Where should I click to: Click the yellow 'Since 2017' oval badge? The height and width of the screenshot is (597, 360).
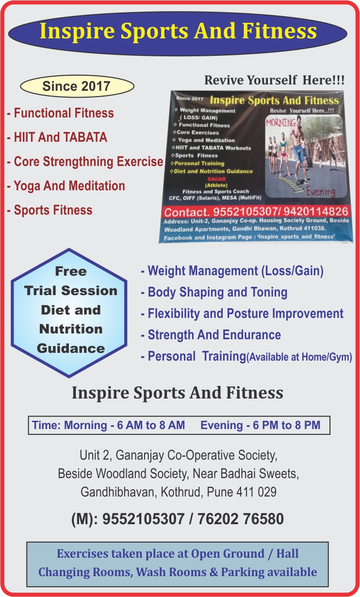tap(77, 86)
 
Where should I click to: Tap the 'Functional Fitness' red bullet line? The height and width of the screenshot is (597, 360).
tap(61, 113)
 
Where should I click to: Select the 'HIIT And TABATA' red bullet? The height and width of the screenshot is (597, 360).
tap(57, 137)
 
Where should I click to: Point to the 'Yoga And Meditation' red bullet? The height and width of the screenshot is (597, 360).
tap(66, 186)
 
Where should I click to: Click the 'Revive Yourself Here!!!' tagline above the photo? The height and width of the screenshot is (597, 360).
tap(275, 80)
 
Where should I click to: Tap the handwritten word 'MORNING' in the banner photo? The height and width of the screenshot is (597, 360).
tap(281, 123)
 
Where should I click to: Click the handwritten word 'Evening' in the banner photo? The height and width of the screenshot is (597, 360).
tap(321, 192)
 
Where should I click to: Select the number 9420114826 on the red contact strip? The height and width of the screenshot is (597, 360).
tap(316, 211)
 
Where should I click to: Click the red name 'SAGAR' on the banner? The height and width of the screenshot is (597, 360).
tap(216, 179)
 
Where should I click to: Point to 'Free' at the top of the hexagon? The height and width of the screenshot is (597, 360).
tap(71, 272)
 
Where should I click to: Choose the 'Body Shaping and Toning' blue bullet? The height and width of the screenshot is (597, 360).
tap(214, 292)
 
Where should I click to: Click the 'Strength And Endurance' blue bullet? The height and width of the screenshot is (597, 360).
tap(211, 335)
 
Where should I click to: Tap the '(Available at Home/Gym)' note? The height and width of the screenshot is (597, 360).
tap(299, 357)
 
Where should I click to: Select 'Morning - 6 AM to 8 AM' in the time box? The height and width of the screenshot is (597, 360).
tap(124, 425)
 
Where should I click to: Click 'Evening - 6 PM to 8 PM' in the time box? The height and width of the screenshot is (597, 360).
tap(261, 425)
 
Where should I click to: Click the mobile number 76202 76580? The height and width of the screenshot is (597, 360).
tap(241, 519)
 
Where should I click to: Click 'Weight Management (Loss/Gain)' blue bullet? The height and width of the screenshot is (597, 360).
tap(232, 271)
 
